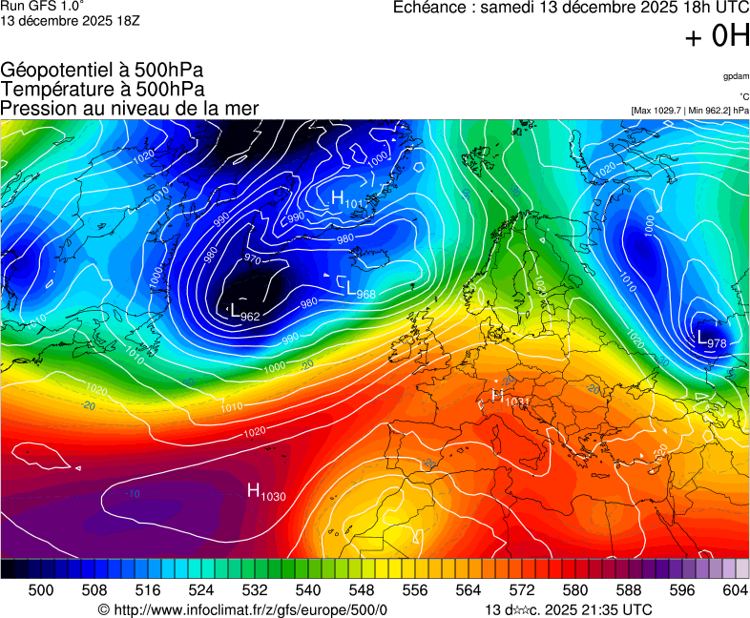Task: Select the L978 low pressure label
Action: pos(712,339)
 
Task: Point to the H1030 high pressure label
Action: pos(267,491)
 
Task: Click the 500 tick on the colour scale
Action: pos(41,590)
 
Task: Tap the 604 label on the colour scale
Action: pos(735,590)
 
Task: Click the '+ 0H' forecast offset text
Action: pos(717,36)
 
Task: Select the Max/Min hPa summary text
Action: pos(690,111)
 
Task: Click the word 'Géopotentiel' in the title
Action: pos(56,71)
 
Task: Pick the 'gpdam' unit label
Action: pos(736,76)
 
